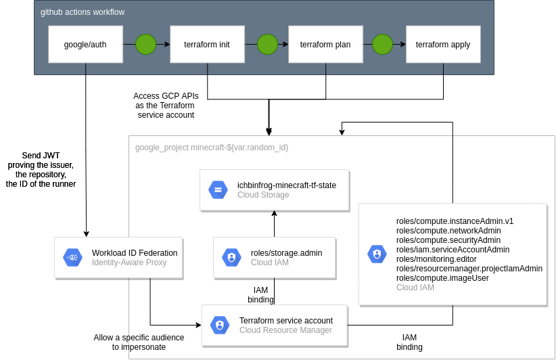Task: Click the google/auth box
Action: tap(85, 45)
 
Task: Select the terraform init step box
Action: tap(207, 45)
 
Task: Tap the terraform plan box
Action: tap(325, 45)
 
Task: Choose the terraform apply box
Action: tap(443, 45)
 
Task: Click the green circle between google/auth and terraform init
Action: tap(145, 45)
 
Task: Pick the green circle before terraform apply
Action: tap(382, 45)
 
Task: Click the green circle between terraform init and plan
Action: tap(267, 45)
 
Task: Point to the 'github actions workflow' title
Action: tap(83, 12)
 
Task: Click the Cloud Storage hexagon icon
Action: tap(218, 189)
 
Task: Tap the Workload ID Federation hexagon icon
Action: tap(72, 258)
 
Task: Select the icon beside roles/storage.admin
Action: tap(231, 258)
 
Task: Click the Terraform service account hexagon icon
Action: tap(220, 325)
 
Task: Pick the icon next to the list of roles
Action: tap(377, 254)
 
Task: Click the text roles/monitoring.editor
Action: tap(436, 259)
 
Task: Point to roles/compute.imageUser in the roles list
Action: tap(442, 278)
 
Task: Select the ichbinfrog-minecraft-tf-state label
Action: tap(287, 185)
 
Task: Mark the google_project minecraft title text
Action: tap(212, 148)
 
